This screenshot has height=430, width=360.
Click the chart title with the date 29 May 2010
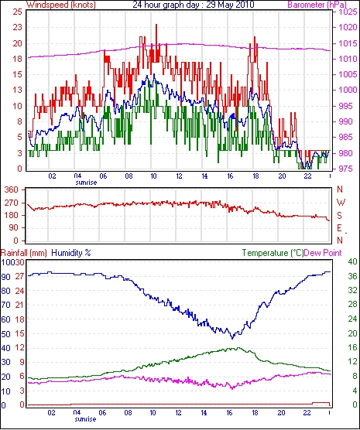pyautogui.click(x=194, y=5)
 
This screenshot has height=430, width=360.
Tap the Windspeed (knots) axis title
pyautogui.click(x=61, y=5)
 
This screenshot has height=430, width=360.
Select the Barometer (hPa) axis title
pyautogui.click(x=317, y=5)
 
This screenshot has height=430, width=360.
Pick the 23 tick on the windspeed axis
pyautogui.click(x=18, y=28)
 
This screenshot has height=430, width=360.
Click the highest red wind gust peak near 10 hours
pyautogui.click(x=156, y=25)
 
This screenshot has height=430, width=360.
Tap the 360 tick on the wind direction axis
pyautogui.click(x=12, y=189)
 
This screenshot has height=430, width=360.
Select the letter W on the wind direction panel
pyautogui.click(x=341, y=203)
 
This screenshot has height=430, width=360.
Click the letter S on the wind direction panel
pyautogui.click(x=340, y=216)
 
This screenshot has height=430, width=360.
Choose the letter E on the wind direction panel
pyautogui.click(x=340, y=228)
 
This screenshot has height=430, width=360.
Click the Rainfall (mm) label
pyautogui.click(x=24, y=253)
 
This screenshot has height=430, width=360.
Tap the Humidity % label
pyautogui.click(x=71, y=253)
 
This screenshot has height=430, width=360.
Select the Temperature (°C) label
pyautogui.click(x=273, y=253)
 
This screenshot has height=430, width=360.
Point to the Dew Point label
pyautogui.click(x=323, y=253)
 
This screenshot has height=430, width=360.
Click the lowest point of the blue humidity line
pyautogui.click(x=232, y=339)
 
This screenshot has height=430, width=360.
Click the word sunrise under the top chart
pyautogui.click(x=86, y=183)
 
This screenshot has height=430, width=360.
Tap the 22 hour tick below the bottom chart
pyautogui.click(x=307, y=412)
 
